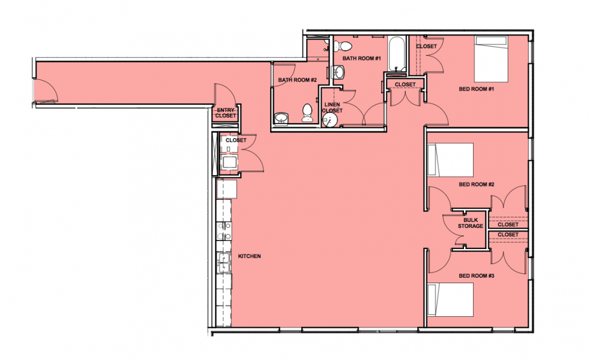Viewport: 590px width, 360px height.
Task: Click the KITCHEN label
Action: pyautogui.click(x=249, y=256)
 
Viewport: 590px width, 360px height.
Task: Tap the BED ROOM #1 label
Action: pyautogui.click(x=476, y=89)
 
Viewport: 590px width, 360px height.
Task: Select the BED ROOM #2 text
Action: pyautogui.click(x=477, y=184)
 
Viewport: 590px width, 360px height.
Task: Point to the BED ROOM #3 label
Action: pyautogui.click(x=477, y=276)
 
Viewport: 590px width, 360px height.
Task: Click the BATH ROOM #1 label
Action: pyautogui.click(x=361, y=58)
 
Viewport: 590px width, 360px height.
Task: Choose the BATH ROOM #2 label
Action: pyautogui.click(x=297, y=80)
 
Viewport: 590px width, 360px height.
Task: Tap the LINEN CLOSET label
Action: pyautogui.click(x=333, y=107)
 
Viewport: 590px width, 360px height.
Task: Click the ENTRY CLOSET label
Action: pyautogui.click(x=226, y=113)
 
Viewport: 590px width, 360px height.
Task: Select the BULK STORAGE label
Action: pyautogui.click(x=471, y=223)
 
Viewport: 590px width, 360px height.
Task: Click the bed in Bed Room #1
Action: pyautogui.click(x=490, y=59)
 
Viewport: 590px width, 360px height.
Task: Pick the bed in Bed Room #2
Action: pyautogui.click(x=450, y=160)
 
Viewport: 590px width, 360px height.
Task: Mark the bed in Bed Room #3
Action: pyautogui.click(x=450, y=299)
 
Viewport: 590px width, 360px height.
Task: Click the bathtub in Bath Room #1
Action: pyautogui.click(x=397, y=53)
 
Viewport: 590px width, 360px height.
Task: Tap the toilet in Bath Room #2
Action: pyautogui.click(x=307, y=113)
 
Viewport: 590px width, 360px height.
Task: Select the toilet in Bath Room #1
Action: pyautogui.click(x=343, y=46)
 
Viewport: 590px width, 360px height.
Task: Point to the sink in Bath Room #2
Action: pyautogui.click(x=281, y=118)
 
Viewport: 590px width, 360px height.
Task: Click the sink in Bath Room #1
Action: pyautogui.click(x=339, y=72)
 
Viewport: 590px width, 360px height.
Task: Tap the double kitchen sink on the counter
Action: pyautogui.click(x=224, y=262)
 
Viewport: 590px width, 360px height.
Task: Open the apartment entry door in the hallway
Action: pyautogui.click(x=46, y=91)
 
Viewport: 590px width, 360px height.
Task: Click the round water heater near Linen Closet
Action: pyautogui.click(x=330, y=121)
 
